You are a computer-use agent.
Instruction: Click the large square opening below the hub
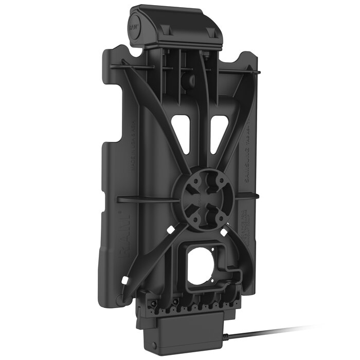coord(202,265)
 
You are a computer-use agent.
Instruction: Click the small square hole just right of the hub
coord(230,196)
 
